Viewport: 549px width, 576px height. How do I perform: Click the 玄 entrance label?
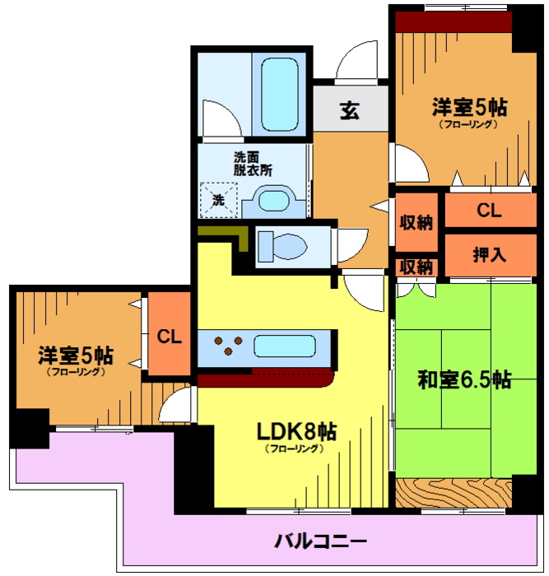[x=350, y=110]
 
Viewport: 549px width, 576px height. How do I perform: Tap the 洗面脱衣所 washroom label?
[x=252, y=165]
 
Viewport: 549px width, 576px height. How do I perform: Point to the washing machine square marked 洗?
[x=218, y=198]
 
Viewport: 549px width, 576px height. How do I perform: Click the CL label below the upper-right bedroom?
[x=489, y=211]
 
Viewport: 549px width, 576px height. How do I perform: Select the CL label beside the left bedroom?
[x=170, y=337]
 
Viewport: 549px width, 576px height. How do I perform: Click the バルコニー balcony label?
[x=320, y=541]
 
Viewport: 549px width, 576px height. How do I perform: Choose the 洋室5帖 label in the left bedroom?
[x=75, y=356]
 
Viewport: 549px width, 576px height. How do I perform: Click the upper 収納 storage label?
[x=416, y=222]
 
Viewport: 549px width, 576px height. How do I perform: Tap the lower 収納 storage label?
[x=416, y=267]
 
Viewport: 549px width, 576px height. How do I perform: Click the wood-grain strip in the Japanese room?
[x=453, y=492]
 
